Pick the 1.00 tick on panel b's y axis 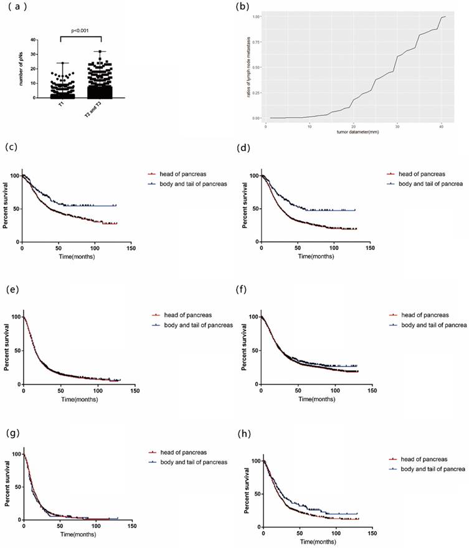(256, 17)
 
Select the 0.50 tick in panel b (256, 67)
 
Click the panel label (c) (11, 148)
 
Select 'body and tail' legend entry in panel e (191, 325)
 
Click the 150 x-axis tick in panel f (371, 392)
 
